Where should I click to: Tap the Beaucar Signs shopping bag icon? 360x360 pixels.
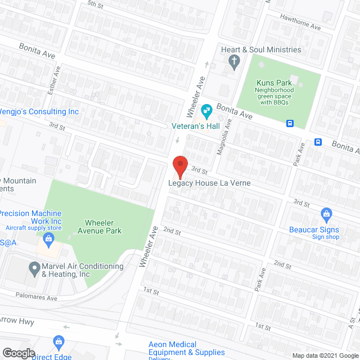click(x=326, y=214)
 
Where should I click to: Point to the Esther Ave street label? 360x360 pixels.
click(x=56, y=79)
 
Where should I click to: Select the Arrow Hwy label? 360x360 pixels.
click(x=17, y=322)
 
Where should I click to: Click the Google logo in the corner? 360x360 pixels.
click(x=19, y=353)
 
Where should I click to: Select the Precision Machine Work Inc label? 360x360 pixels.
click(x=30, y=217)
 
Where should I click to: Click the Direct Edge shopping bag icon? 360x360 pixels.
click(x=58, y=341)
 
